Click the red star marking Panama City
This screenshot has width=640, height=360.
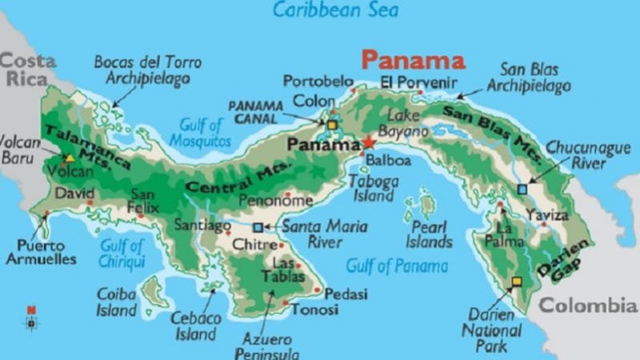[x=368, y=142]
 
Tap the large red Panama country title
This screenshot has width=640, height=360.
[x=413, y=61]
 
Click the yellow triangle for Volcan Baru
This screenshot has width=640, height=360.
[x=70, y=158]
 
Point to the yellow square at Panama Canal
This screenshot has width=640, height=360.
[x=331, y=125]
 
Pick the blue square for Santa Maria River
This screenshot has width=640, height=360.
[x=258, y=227]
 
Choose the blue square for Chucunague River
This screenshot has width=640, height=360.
[x=522, y=189]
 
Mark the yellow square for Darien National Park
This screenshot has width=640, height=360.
[x=517, y=282]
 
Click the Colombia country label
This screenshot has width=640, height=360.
[x=587, y=305]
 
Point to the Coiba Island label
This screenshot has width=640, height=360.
[x=117, y=302]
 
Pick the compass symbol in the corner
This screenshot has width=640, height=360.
[x=31, y=318]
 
